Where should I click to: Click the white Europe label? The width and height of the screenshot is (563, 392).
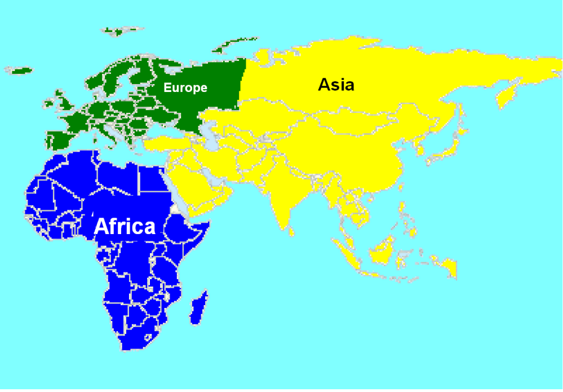tap(185, 88)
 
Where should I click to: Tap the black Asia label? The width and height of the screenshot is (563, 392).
tap(336, 85)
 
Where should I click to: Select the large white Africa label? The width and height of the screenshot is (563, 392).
tap(125, 226)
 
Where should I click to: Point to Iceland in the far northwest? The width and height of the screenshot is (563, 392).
tap(20, 71)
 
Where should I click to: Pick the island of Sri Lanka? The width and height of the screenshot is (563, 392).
tap(292, 230)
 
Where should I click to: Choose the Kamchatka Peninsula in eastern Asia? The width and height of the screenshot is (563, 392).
tap(511, 90)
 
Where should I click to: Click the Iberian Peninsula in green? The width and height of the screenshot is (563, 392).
tap(59, 138)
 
